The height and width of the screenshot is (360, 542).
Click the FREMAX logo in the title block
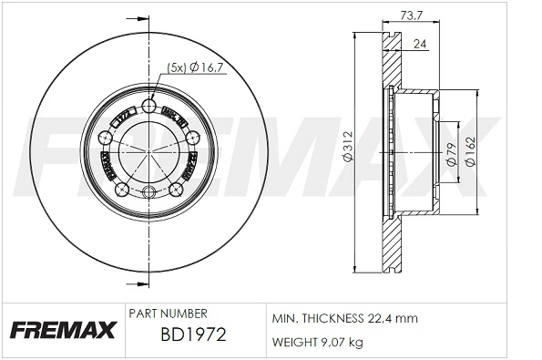(x=62, y=329)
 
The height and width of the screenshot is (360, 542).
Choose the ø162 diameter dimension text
(x=470, y=150)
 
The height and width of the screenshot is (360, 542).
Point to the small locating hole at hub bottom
(x=150, y=192)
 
